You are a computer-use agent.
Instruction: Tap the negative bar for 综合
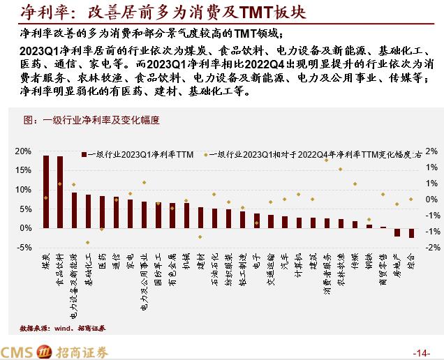(x=411, y=233)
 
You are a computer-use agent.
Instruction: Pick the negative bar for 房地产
(x=397, y=232)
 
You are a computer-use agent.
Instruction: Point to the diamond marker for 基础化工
(x=88, y=243)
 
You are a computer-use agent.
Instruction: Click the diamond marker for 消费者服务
(x=327, y=158)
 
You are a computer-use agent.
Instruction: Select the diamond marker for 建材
(x=200, y=237)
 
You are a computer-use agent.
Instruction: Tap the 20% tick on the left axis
(x=24, y=151)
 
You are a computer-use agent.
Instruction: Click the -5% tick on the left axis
(x=24, y=248)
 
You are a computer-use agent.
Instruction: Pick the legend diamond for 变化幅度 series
(x=206, y=153)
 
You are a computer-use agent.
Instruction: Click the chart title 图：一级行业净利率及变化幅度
(x=91, y=120)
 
